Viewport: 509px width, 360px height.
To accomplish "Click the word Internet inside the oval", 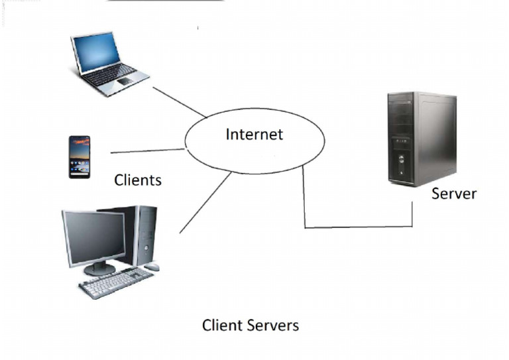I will point(254,135).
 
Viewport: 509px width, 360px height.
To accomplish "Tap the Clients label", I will point(138,180).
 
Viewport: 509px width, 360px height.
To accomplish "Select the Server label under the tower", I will point(453,194).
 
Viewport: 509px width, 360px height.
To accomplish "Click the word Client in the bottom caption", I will point(222,326).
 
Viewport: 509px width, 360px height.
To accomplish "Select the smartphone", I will point(79,156).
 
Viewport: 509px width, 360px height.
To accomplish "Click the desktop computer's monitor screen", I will point(93,237).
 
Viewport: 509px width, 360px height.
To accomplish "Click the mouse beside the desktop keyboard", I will point(152,267).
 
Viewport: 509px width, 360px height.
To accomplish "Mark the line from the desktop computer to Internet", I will point(205,203).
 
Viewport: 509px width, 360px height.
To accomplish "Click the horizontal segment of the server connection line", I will point(358,227).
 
